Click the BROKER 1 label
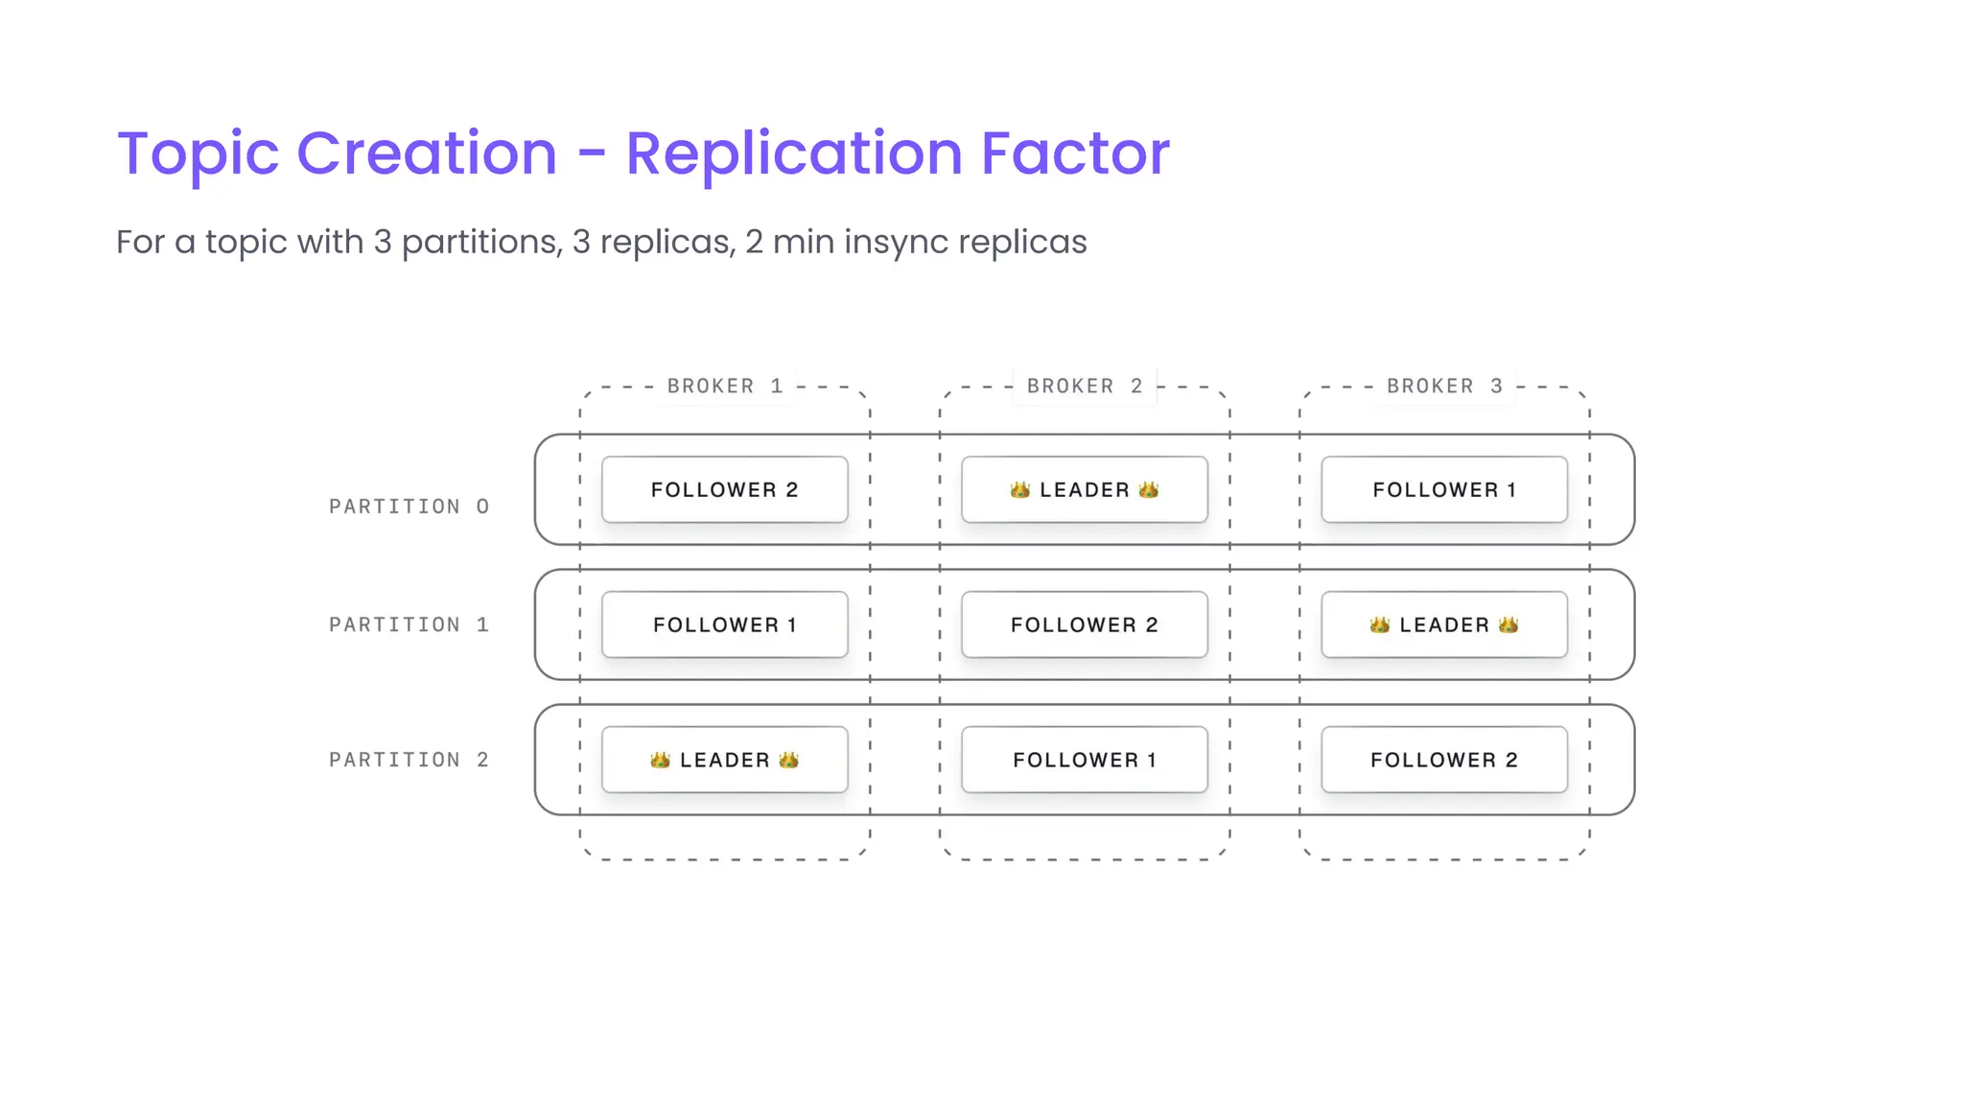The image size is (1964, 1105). coord(725,386)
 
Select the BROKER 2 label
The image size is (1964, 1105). coord(1085,386)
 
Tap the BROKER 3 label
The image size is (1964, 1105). coord(1444,386)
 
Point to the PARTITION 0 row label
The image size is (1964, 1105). coord(409,506)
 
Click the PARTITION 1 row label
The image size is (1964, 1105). coord(409,624)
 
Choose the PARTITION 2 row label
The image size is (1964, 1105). coord(409,760)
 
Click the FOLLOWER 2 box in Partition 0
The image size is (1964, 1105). coord(725,489)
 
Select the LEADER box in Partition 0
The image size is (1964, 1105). coord(1085,489)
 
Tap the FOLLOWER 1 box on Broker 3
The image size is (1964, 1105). coord(1444,489)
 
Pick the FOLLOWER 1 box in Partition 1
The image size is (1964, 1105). coord(725,624)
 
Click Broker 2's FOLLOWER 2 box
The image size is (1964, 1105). coord(1085,624)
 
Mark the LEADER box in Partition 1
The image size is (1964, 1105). coord(1444,624)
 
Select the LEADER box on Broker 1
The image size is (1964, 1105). coord(725,760)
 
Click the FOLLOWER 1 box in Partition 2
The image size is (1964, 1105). coord(1085,760)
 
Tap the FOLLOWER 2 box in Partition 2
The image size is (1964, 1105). coord(1444,760)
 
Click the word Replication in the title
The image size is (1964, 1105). coord(793,153)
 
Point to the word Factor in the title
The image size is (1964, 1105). coord(1074,153)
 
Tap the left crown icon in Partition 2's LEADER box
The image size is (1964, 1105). coord(660,760)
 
